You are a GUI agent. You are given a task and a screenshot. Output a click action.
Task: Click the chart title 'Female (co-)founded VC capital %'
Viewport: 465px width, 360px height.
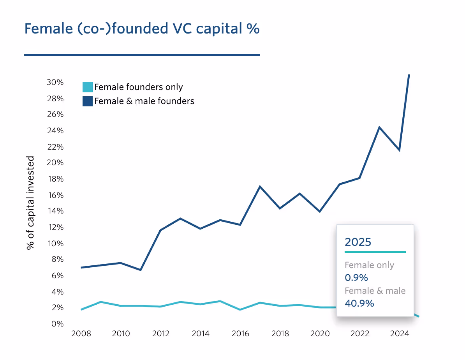click(x=142, y=29)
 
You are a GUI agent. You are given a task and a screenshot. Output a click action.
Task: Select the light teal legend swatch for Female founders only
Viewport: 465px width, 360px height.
click(x=88, y=87)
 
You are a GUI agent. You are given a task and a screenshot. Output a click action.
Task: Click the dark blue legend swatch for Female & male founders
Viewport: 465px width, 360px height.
click(x=88, y=101)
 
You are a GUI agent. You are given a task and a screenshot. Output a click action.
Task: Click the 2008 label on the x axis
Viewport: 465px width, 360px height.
click(x=81, y=334)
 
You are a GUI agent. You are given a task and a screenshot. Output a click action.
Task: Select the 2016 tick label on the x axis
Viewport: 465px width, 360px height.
click(x=240, y=334)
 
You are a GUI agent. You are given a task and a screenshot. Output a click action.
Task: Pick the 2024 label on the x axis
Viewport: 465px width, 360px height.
click(x=399, y=334)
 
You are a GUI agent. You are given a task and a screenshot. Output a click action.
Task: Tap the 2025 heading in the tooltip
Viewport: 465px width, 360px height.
click(x=358, y=242)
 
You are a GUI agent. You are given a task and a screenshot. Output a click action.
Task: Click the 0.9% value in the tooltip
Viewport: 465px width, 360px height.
click(x=356, y=278)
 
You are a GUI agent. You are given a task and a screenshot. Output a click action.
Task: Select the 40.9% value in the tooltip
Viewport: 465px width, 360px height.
click(x=359, y=303)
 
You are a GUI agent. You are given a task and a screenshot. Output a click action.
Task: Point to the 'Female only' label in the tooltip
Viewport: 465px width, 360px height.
click(x=369, y=265)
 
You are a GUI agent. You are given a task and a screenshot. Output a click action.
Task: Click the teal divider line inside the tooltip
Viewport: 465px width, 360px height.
click(x=375, y=252)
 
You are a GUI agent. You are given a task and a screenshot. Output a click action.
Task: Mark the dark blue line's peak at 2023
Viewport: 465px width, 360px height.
click(x=379, y=127)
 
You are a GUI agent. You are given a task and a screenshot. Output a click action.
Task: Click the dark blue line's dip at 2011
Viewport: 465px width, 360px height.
click(x=141, y=270)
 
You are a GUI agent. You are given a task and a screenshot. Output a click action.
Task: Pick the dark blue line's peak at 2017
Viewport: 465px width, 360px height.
click(x=260, y=187)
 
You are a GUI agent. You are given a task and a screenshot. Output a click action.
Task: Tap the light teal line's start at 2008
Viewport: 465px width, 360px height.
click(x=81, y=310)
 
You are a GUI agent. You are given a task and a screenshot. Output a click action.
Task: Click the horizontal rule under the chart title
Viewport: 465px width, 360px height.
click(x=142, y=55)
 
